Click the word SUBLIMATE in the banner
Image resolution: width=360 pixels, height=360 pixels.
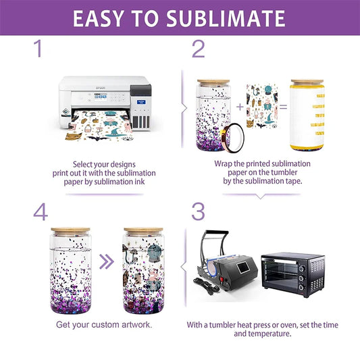(226, 18)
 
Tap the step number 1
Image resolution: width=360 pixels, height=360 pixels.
(38, 49)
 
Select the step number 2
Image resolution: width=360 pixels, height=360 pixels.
(198, 49)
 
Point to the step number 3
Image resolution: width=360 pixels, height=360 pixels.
(198, 211)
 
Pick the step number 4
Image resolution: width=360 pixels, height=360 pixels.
(41, 211)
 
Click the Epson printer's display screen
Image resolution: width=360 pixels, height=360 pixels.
(101, 97)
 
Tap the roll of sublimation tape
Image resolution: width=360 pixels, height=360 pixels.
(232, 138)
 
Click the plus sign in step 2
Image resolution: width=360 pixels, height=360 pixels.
(240, 107)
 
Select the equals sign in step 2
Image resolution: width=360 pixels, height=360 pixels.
(283, 107)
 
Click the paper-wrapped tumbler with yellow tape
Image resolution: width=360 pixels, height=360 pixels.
(307, 115)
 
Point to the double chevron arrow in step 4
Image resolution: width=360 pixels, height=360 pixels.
(106, 261)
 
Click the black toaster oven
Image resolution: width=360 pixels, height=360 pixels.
(293, 274)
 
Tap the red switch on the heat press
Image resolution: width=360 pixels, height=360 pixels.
(222, 279)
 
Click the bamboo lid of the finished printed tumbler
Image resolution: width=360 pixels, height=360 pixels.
(143, 230)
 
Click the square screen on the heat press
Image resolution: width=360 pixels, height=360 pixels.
(244, 267)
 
